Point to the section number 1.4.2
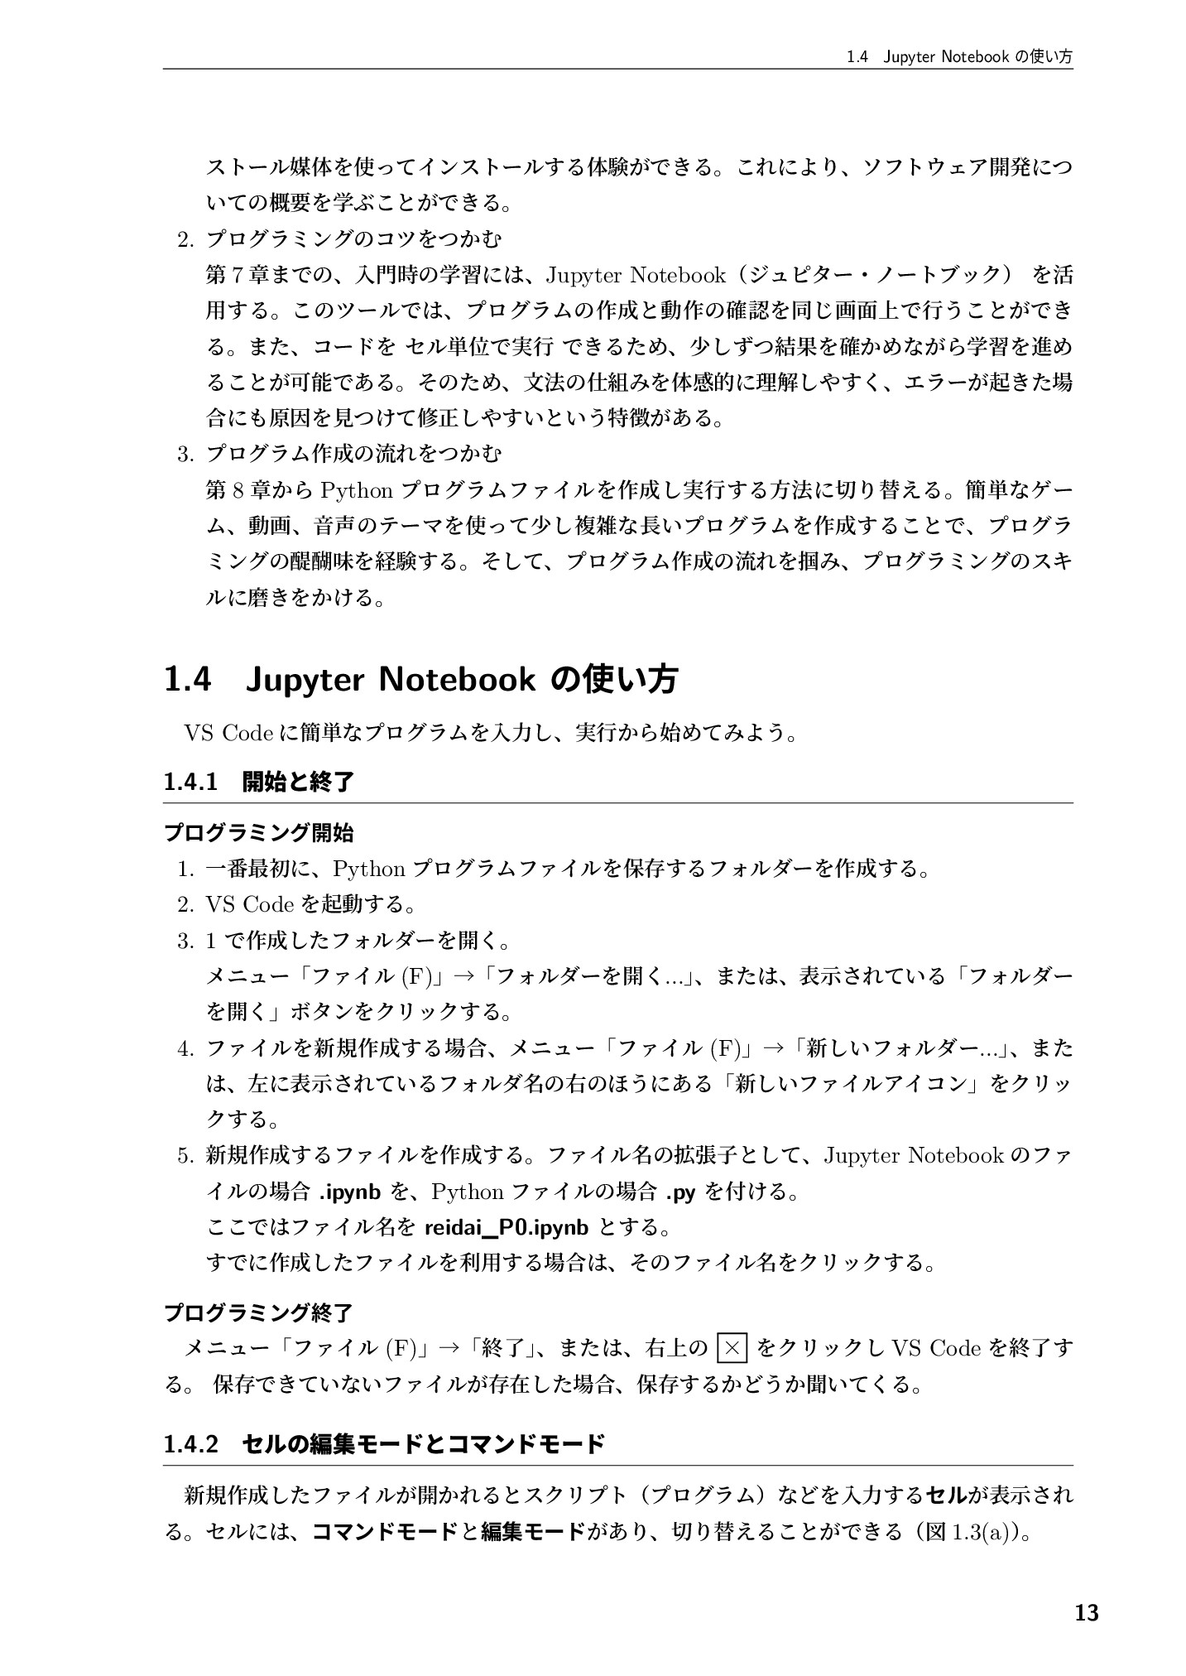point(190,1444)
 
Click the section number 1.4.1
point(190,782)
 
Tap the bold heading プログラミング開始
point(259,831)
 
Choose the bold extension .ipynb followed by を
point(349,1192)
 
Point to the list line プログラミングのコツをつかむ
point(353,239)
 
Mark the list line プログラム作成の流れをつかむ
point(353,454)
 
